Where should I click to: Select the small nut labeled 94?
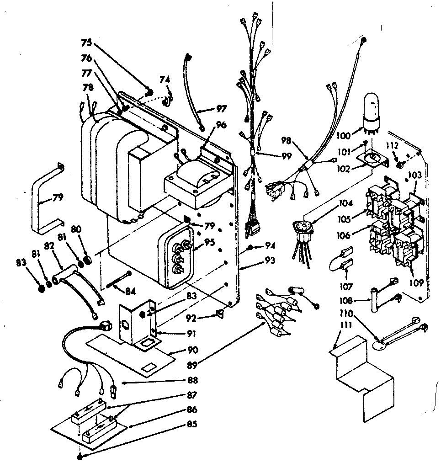click(x=251, y=248)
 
